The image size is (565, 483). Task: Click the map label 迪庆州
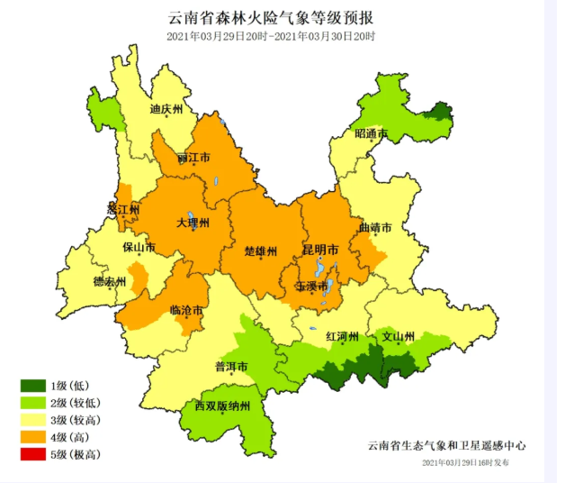(x=166, y=109)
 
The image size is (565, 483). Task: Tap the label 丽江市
(x=193, y=157)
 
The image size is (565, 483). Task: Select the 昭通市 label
(x=371, y=134)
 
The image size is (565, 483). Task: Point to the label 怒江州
(x=123, y=209)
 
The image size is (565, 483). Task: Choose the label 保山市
(x=139, y=247)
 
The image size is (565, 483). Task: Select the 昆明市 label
(x=320, y=249)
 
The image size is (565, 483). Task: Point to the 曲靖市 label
(x=375, y=228)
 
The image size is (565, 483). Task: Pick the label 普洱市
(x=230, y=366)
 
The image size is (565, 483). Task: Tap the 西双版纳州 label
(x=228, y=406)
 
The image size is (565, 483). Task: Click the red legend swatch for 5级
(x=33, y=454)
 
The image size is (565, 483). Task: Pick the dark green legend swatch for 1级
(x=33, y=386)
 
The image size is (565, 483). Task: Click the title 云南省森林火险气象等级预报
(x=271, y=18)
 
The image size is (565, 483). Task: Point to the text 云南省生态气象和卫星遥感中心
(x=446, y=445)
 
